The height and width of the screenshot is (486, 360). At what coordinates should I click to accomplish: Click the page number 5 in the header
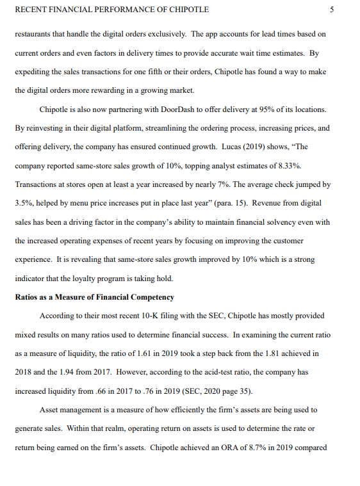331,10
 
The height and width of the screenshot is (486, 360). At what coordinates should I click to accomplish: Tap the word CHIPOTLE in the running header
189,10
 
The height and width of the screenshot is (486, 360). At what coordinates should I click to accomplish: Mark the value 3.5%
24,203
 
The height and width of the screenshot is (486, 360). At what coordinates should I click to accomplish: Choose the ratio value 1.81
277,353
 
